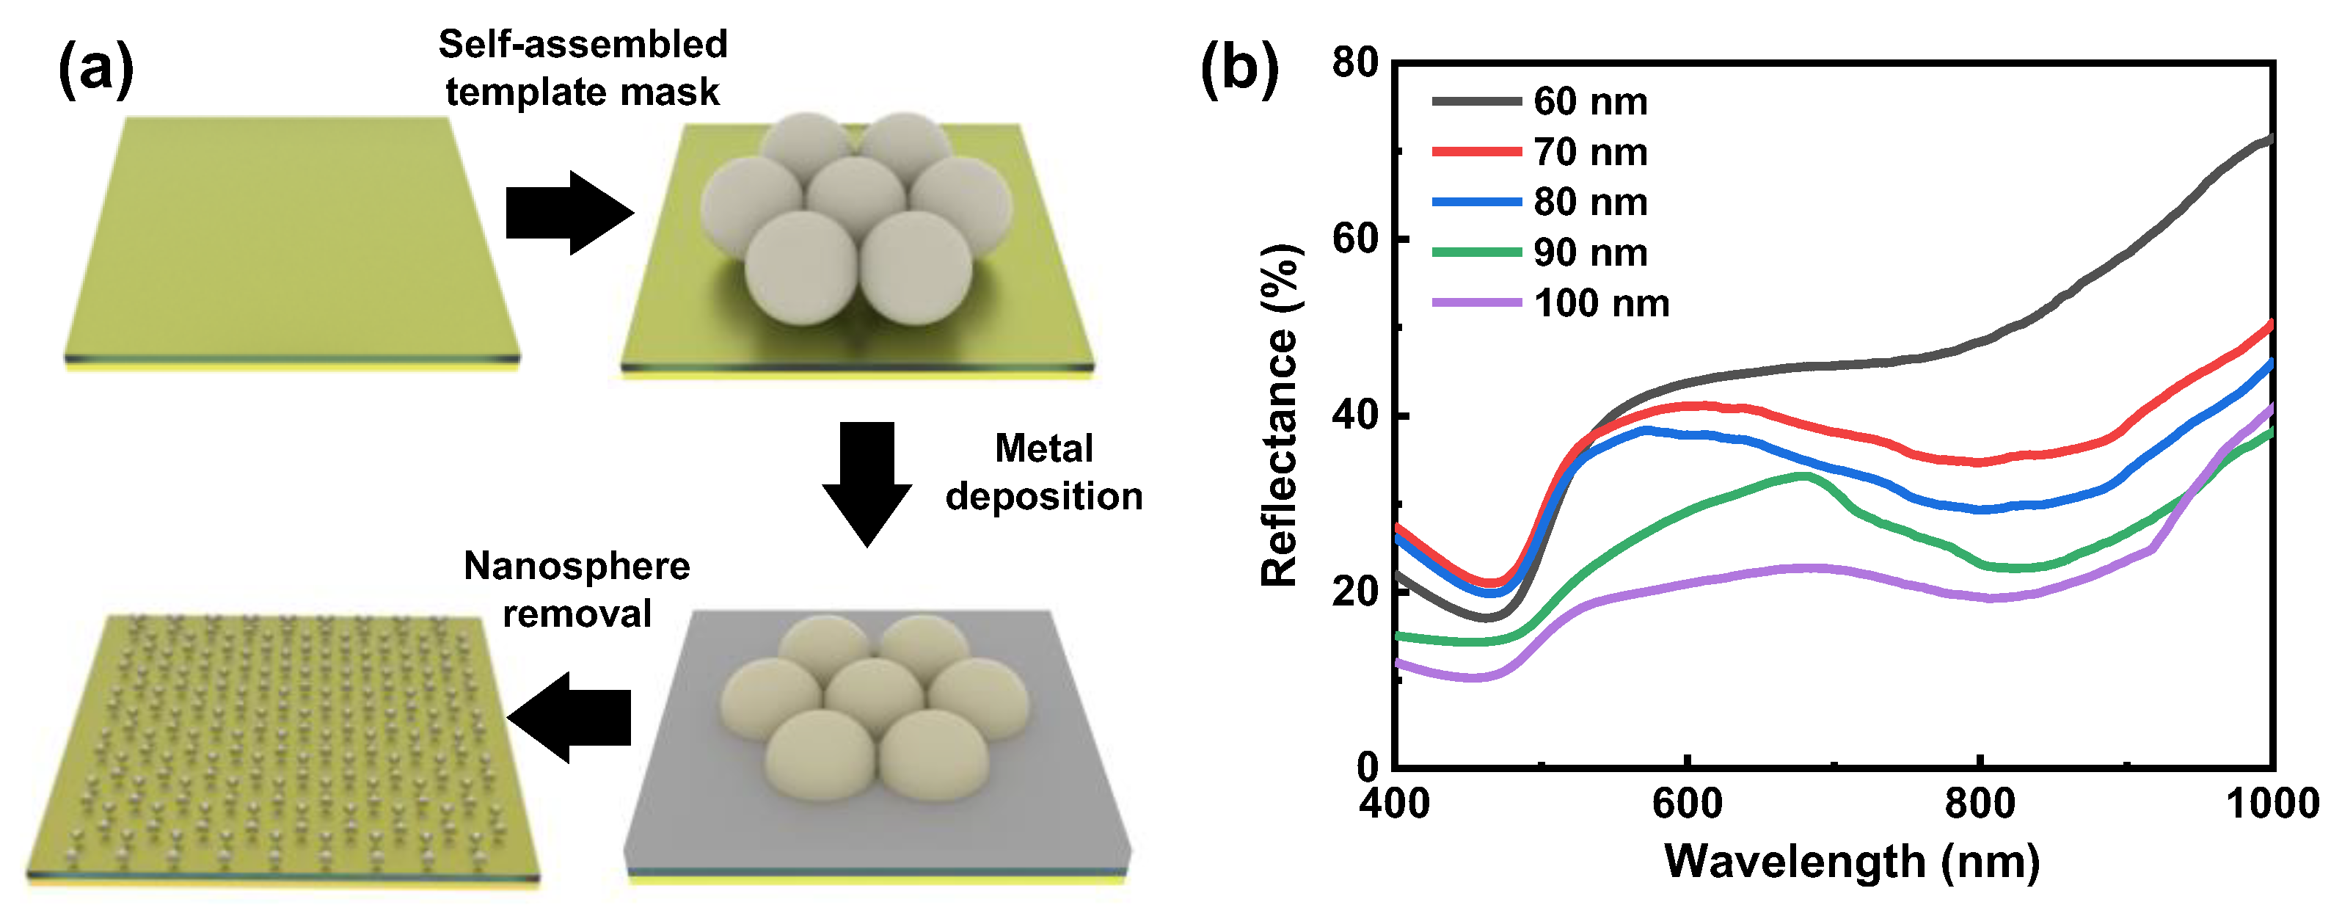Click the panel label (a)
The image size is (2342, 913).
coord(95,71)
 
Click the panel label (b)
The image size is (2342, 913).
coord(1239,71)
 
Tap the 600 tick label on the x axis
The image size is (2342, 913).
coord(1688,804)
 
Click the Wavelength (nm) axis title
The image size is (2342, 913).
coord(1851,861)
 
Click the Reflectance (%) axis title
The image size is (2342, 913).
coord(1280,415)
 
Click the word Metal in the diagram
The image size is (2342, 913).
coord(1044,448)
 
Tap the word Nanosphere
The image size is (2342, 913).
coord(577,566)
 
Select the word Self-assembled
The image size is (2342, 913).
coord(583,43)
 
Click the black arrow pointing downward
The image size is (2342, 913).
coord(867,482)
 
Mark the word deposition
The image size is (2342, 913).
coord(1044,497)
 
